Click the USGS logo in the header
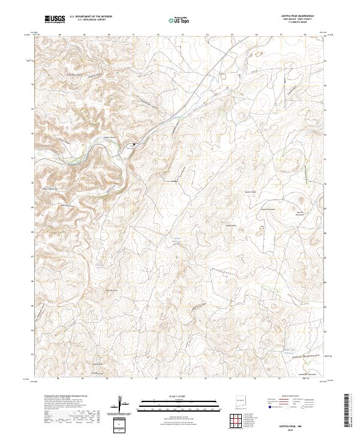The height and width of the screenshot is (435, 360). [x=55, y=19]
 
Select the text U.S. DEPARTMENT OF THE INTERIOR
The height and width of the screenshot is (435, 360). [x=91, y=17]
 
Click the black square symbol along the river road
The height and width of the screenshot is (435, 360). [x=134, y=144]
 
